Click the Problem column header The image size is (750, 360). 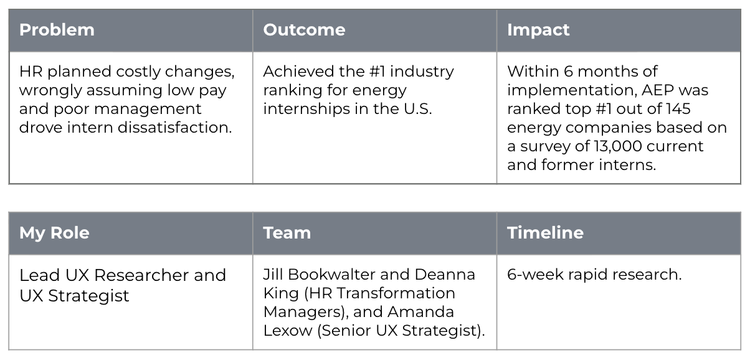tap(57, 30)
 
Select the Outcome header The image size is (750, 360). tap(304, 30)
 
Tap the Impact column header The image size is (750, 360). tap(538, 30)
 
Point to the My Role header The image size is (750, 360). tap(54, 233)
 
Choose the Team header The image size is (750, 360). tap(287, 233)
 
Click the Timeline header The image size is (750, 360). tap(545, 233)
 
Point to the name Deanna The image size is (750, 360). tap(445, 275)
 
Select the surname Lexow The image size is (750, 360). tap(288, 331)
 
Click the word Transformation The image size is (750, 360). tap(396, 293)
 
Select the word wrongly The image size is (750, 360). tap(50, 90)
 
